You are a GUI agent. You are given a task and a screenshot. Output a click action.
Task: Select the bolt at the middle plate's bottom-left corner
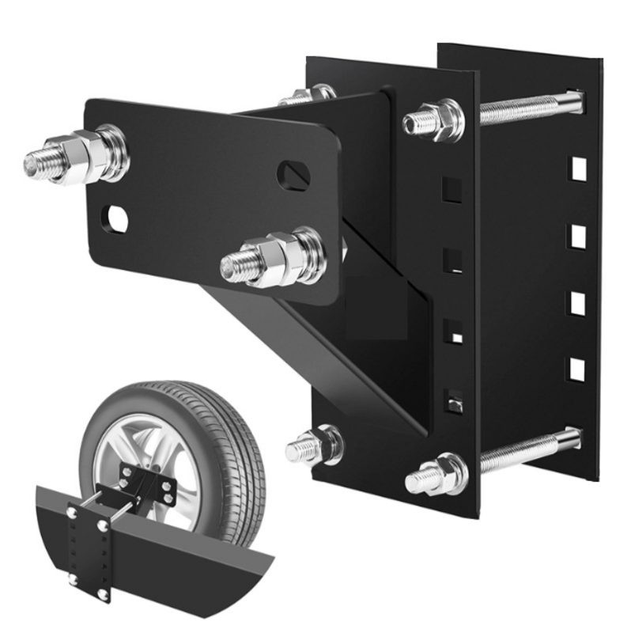tap(316, 447)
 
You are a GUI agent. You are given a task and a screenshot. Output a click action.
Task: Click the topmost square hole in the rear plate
tap(579, 169)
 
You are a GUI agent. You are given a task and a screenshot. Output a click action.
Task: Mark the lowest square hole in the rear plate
tap(578, 368)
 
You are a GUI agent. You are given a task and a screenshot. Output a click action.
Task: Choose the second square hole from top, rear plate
tap(578, 235)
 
